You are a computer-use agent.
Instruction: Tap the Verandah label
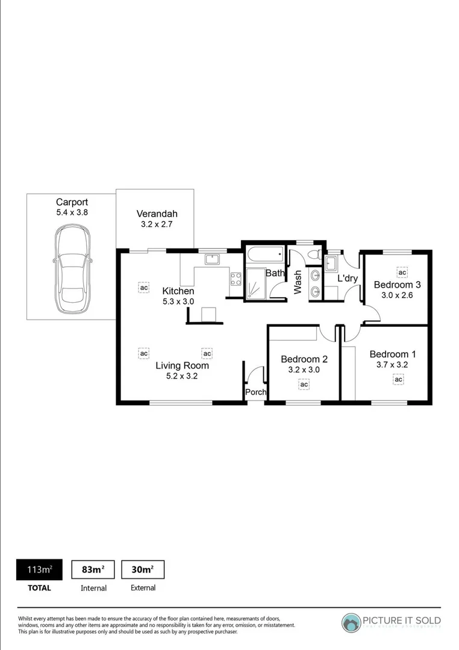[x=157, y=214]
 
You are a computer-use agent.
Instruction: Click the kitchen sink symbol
[x=211, y=259]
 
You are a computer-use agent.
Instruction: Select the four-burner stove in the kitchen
[x=236, y=278]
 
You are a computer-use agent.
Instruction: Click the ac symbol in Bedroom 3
[x=402, y=272]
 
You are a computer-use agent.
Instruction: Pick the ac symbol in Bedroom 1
[x=398, y=379]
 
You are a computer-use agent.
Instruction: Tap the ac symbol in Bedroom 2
[x=304, y=384]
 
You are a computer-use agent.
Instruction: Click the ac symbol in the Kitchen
[x=143, y=288]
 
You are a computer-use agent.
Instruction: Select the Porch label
[x=255, y=392]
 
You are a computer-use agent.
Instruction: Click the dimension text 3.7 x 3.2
[x=393, y=365]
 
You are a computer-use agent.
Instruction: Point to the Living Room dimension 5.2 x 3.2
[x=182, y=376]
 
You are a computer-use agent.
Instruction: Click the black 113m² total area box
[x=39, y=569]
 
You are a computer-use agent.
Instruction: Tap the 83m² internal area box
[x=93, y=569]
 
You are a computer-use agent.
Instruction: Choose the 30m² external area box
[x=143, y=569]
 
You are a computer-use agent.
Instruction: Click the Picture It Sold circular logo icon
[x=351, y=622]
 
